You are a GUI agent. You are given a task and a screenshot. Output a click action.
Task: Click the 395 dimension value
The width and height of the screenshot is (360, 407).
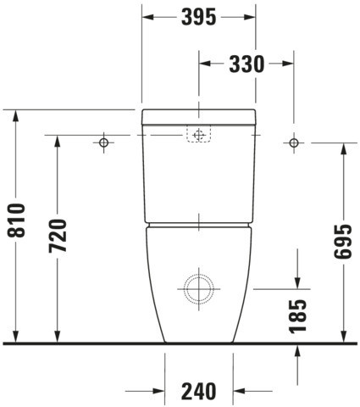(x=198, y=17)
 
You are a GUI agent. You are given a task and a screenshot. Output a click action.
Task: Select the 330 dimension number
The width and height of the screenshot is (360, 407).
(x=246, y=64)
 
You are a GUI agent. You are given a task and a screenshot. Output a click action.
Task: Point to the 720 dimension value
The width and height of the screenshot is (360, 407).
(x=58, y=236)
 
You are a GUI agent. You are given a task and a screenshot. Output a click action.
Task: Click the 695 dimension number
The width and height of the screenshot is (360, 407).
(x=343, y=242)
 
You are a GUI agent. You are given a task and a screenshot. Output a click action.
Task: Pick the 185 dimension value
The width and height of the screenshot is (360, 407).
(x=297, y=316)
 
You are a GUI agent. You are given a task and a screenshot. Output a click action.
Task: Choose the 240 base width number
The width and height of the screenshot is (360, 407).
(x=198, y=392)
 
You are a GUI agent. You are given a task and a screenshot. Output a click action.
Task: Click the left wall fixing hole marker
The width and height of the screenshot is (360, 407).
(x=104, y=142)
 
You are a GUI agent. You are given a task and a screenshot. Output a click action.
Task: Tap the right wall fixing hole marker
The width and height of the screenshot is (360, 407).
(x=294, y=142)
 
